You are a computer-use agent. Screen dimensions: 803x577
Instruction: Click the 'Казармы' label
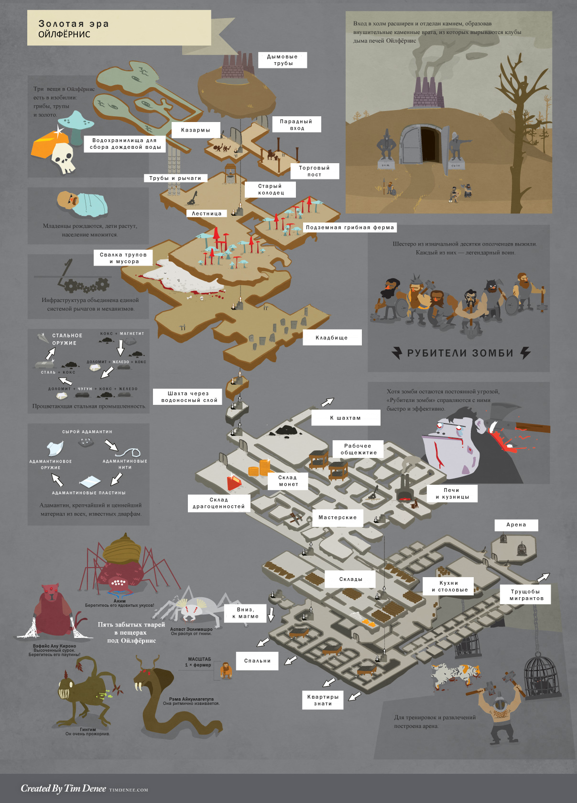coord(196,130)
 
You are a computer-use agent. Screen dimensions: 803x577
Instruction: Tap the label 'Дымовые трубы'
coord(283,60)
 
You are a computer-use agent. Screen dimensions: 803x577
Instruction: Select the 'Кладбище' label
coord(332,338)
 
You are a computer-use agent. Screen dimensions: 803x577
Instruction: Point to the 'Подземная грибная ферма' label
coord(350,228)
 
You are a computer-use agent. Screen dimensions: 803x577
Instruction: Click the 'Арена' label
coord(516,525)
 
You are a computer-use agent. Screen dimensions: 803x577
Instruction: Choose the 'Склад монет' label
coord(288,481)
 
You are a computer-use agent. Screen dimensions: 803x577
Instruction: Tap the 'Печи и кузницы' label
coord(452,493)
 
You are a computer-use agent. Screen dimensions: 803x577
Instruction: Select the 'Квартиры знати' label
coord(323,700)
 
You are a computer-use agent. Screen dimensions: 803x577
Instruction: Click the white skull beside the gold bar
coord(63,158)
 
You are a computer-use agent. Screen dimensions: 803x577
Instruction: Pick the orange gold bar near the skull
coord(46,144)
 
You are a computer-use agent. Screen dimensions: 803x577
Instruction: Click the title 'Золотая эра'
coord(74,24)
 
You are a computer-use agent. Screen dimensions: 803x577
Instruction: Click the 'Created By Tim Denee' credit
coord(64,788)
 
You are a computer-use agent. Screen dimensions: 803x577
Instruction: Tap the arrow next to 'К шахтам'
coord(328,402)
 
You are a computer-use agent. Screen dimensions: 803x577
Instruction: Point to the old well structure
coord(230,173)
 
